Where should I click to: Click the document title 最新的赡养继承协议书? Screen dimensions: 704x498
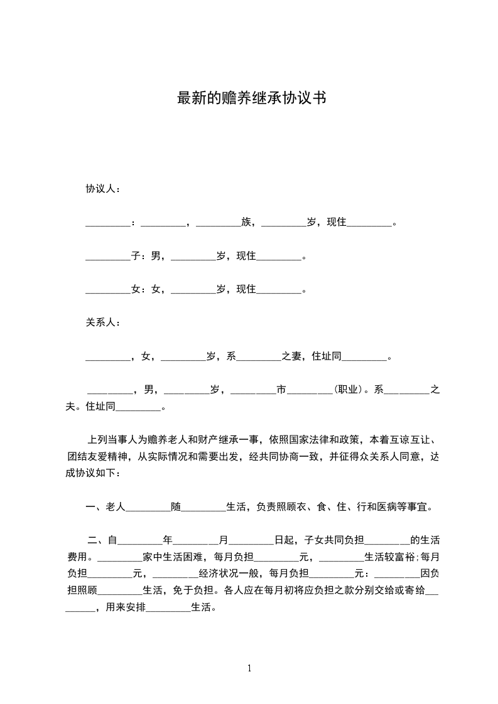[x=251, y=99]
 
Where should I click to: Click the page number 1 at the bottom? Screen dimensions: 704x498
[x=249, y=668]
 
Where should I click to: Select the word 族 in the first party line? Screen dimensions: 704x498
[x=246, y=222]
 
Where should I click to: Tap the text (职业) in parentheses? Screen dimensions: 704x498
[x=349, y=390]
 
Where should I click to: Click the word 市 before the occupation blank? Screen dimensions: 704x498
[x=281, y=390]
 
